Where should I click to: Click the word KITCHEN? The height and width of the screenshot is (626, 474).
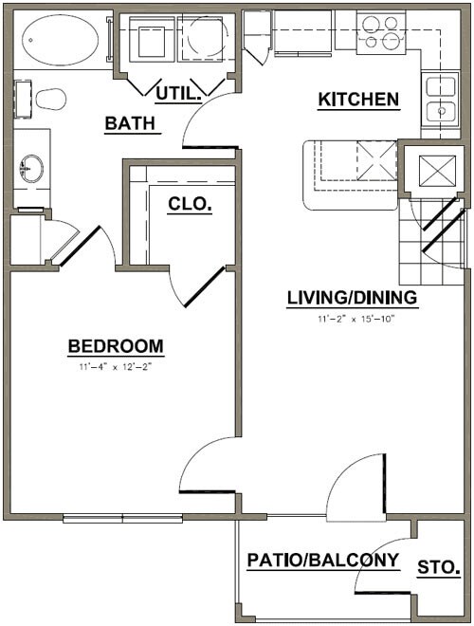click(357, 99)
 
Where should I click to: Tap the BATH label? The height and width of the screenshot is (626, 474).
click(131, 123)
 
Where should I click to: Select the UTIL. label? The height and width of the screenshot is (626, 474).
click(178, 92)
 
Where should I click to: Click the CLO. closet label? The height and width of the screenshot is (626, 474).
click(189, 202)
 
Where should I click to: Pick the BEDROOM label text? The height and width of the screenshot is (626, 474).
click(116, 345)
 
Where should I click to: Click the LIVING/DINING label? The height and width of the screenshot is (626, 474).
click(352, 299)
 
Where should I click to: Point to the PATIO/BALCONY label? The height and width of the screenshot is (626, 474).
click(322, 560)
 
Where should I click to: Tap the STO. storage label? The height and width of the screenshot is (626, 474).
click(439, 568)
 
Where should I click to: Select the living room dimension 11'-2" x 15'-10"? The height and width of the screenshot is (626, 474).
click(355, 320)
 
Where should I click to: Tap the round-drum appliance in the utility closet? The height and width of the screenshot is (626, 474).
click(203, 40)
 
